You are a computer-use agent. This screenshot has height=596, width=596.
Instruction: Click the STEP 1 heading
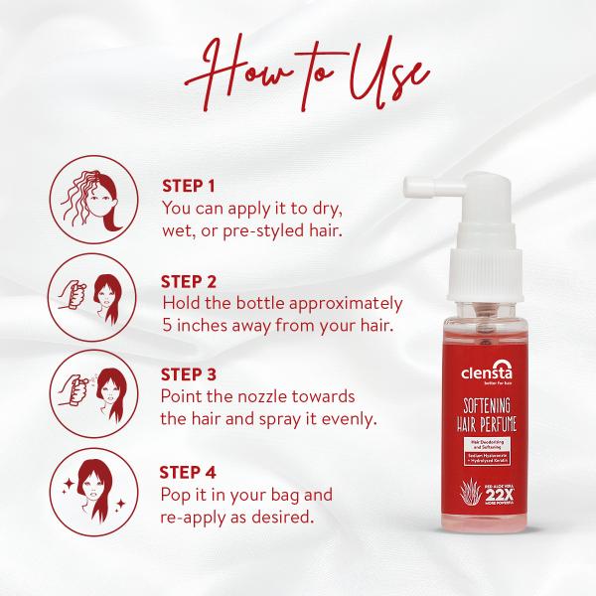(188, 186)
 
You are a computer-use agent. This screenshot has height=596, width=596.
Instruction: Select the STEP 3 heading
(189, 374)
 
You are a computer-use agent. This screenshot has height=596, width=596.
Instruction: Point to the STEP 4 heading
(189, 470)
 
